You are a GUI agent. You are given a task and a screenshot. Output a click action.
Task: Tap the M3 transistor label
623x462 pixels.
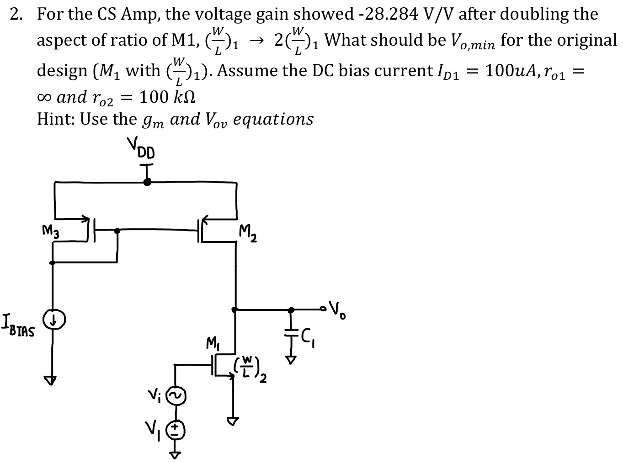[x=50, y=232]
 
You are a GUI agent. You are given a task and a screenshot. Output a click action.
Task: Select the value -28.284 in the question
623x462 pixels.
[x=383, y=14]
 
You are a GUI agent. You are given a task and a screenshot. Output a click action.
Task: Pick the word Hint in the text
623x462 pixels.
[x=55, y=119]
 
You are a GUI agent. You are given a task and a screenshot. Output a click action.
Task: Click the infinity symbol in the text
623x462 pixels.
[x=44, y=96]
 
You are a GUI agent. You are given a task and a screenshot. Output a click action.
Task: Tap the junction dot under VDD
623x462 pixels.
[x=147, y=182]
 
